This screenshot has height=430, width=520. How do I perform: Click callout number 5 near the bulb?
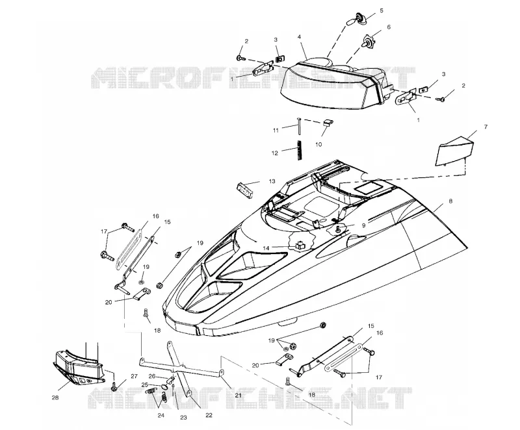tap(382, 10)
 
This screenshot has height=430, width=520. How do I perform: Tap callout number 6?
tap(389, 27)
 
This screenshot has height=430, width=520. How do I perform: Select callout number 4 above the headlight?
tap(300, 37)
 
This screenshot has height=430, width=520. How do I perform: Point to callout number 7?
tap(486, 127)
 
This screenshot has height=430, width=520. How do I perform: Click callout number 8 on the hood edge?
tap(450, 201)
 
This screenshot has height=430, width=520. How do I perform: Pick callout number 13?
tap(272, 181)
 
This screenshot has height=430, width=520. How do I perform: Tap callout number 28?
tap(55, 398)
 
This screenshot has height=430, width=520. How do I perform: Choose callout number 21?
tap(239, 395)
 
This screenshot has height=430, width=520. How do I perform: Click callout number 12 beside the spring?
tap(274, 153)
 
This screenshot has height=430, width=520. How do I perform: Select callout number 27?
tap(134, 376)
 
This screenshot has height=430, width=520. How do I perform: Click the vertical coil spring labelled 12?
tap(300, 151)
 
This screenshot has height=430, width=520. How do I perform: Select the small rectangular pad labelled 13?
tap(245, 189)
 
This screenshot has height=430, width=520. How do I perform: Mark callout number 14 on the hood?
tap(266, 247)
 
